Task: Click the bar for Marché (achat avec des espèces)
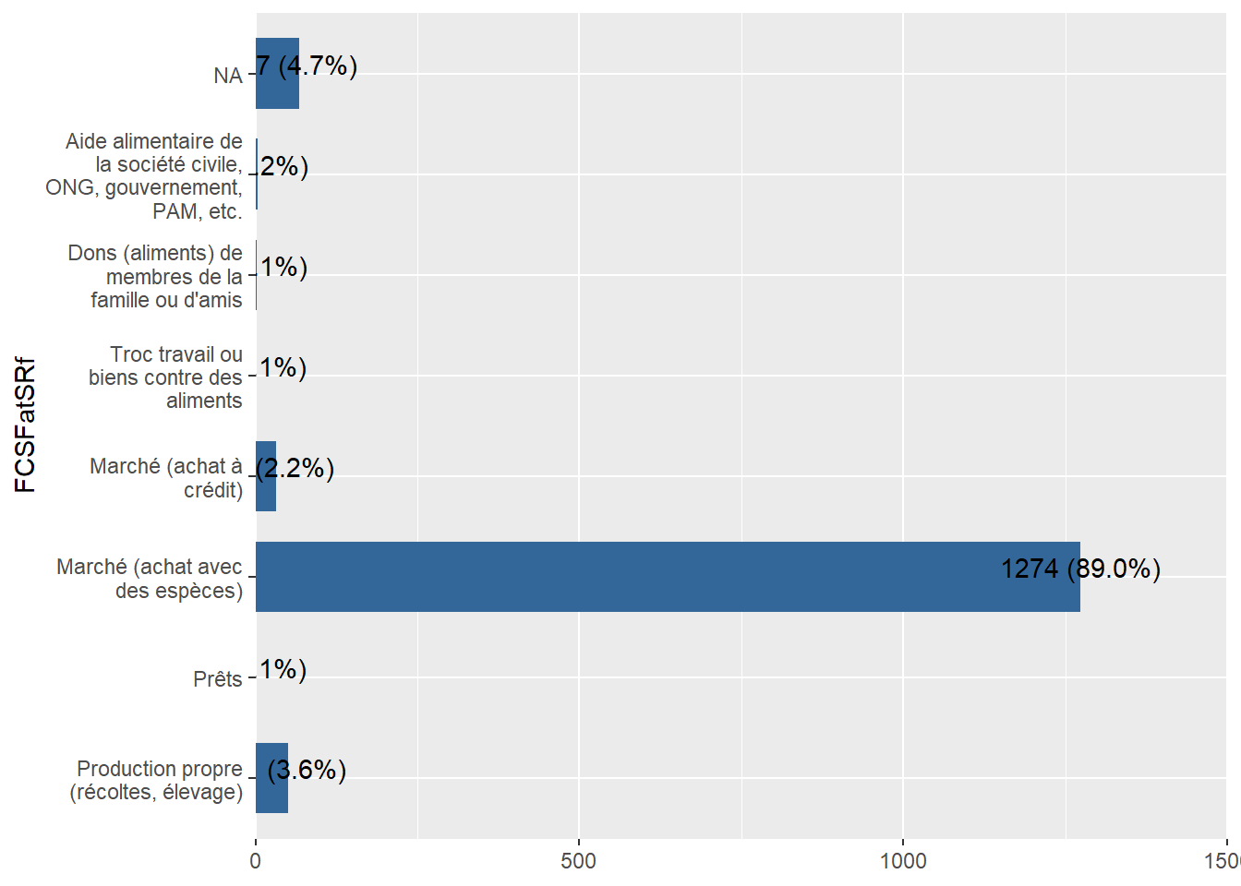[667, 577]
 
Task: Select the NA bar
[277, 74]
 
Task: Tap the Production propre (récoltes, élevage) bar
[271, 778]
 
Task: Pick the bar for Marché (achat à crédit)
[266, 476]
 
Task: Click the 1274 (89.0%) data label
[1080, 569]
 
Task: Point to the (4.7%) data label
[307, 66]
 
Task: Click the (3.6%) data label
[307, 770]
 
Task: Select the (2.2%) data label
[295, 469]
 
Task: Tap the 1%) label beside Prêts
[283, 669]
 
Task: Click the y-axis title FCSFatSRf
[25, 425]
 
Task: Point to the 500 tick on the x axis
[579, 861]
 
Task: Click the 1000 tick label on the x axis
[902, 861]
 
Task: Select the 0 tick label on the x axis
[256, 861]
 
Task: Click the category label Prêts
[218, 679]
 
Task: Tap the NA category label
[228, 76]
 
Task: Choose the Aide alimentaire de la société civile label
[148, 176]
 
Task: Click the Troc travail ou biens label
[166, 377]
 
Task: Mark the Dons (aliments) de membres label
[157, 277]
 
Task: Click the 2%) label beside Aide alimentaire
[283, 166]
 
